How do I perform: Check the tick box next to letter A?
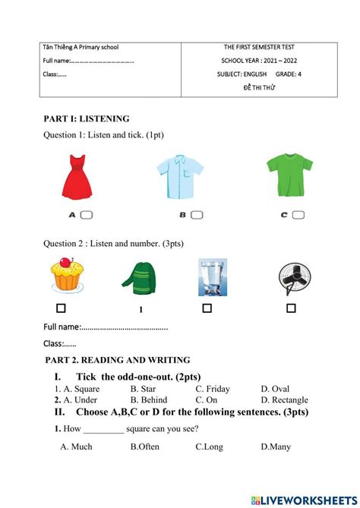coord(87,215)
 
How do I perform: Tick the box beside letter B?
coord(197,215)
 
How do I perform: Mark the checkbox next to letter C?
coord(299,215)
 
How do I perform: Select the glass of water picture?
coord(213,277)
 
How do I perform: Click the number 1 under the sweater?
coord(141,310)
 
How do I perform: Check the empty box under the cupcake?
coord(61,308)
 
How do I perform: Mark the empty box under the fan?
coord(291,308)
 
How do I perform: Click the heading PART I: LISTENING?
coord(87,118)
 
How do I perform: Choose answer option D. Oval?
coord(275,389)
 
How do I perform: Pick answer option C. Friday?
coord(213,389)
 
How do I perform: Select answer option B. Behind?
coord(149,399)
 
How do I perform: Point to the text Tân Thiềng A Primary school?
coord(81,47)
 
